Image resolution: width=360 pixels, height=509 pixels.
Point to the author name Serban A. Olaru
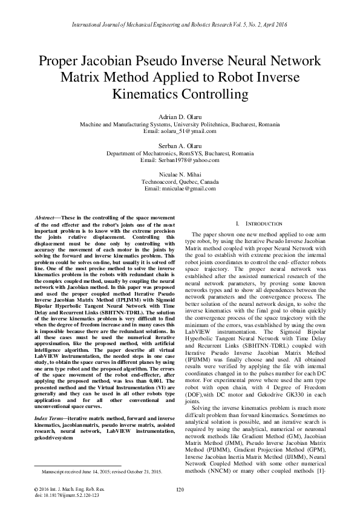(179, 146)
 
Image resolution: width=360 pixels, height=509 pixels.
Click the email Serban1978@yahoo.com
(179, 160)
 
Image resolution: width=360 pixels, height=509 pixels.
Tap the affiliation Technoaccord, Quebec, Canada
(179, 182)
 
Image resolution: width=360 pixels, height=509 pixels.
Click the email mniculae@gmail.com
(179, 189)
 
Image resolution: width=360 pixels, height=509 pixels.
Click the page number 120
(179, 489)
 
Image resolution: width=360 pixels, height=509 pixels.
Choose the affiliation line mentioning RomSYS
(179, 154)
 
